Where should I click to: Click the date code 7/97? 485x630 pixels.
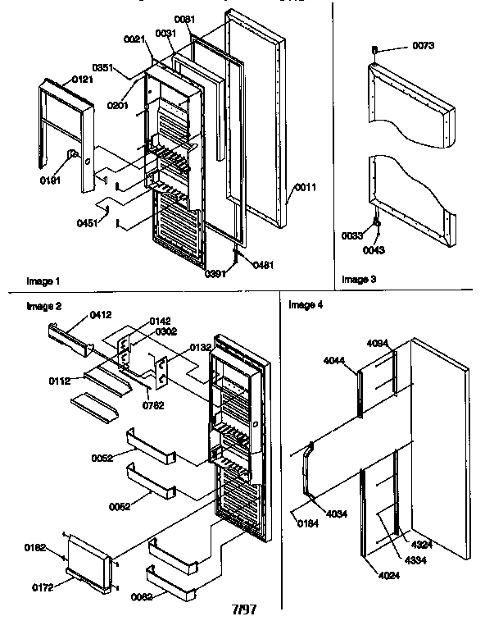click(x=245, y=609)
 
